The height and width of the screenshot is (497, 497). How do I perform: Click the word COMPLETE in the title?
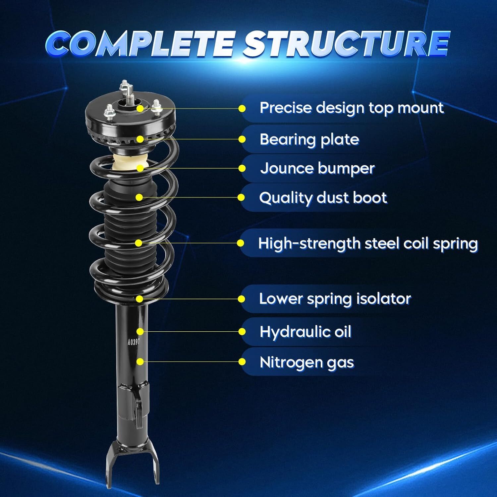coord(141,44)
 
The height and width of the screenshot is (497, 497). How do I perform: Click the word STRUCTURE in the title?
coord(346,44)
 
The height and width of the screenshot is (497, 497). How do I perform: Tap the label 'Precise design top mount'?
coord(351,108)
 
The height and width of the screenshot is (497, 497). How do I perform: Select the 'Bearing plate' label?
coord(309,139)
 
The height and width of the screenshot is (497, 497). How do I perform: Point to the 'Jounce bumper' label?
coord(317,168)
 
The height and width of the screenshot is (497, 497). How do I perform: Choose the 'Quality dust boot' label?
coord(323,198)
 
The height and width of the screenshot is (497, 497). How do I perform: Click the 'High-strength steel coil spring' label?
coord(368,244)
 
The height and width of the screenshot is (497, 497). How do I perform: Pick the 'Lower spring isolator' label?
coord(335,299)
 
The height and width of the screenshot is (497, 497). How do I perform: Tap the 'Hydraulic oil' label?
coord(305,332)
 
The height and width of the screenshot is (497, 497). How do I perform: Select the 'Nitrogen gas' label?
coord(306,362)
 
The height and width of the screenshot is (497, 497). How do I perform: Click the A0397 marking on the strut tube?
coord(133,342)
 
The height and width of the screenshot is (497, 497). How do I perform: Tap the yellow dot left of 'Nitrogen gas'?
coord(242,362)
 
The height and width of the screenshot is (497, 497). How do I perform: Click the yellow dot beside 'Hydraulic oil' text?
coord(242,332)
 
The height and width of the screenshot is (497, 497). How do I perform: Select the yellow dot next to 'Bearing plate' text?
coord(242,139)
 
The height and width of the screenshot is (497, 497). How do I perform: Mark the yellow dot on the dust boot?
coord(139,197)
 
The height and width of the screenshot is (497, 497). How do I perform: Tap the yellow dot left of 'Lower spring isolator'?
coord(242,299)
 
